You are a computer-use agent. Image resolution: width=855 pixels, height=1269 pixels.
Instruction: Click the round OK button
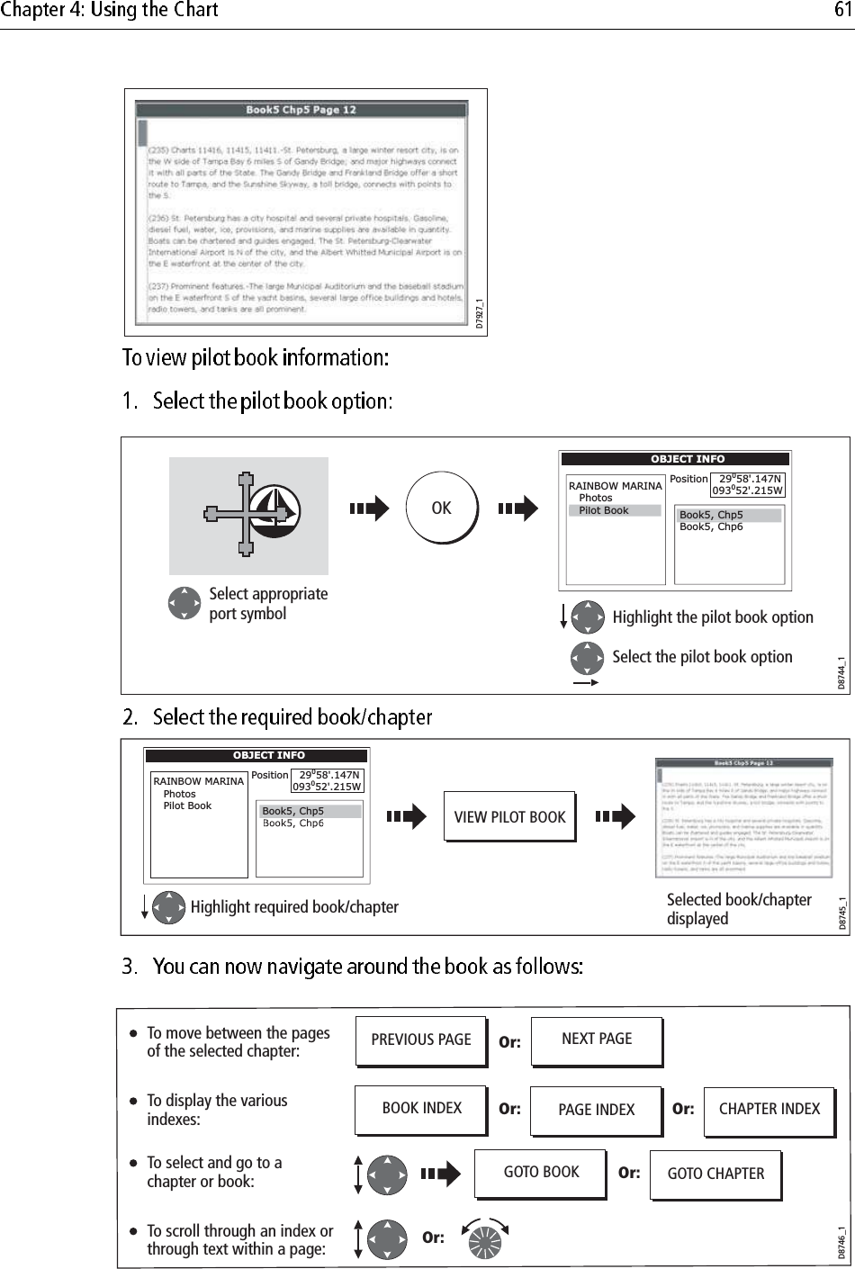coord(441,508)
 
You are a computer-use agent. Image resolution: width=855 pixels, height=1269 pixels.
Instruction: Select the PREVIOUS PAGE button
coord(420,1040)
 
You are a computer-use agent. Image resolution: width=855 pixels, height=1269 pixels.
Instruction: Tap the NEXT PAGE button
coord(596,1039)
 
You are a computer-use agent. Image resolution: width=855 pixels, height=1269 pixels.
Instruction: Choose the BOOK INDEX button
coord(420,1109)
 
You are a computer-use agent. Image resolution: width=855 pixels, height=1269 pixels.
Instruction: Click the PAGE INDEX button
coord(596,1111)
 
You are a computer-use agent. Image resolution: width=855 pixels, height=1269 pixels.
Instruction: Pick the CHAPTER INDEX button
coord(769,1110)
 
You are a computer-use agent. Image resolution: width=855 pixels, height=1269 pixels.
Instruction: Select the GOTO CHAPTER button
coord(715,1174)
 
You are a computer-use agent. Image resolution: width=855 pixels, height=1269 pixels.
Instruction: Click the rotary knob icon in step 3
coord(484,1238)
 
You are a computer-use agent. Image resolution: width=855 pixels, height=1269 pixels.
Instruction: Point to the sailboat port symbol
coord(274,512)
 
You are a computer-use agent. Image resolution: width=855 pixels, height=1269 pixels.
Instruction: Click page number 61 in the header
coord(842,11)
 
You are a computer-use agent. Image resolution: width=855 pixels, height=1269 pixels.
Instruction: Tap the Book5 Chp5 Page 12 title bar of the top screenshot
coord(301,110)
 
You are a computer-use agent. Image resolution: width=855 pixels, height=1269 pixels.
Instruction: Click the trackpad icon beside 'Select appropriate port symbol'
coord(184,604)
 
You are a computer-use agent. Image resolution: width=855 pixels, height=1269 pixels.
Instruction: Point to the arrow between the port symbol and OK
coord(369,508)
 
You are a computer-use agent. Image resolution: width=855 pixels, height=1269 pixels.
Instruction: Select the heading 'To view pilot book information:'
coord(256,358)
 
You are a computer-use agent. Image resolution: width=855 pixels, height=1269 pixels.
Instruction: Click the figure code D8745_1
coord(842,913)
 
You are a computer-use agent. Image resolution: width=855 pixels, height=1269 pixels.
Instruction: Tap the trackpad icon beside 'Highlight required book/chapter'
coord(168,907)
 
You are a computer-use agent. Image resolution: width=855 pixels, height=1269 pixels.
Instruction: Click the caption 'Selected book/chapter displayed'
coord(738,909)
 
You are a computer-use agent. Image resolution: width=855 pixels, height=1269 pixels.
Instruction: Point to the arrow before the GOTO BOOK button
coord(440,1174)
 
